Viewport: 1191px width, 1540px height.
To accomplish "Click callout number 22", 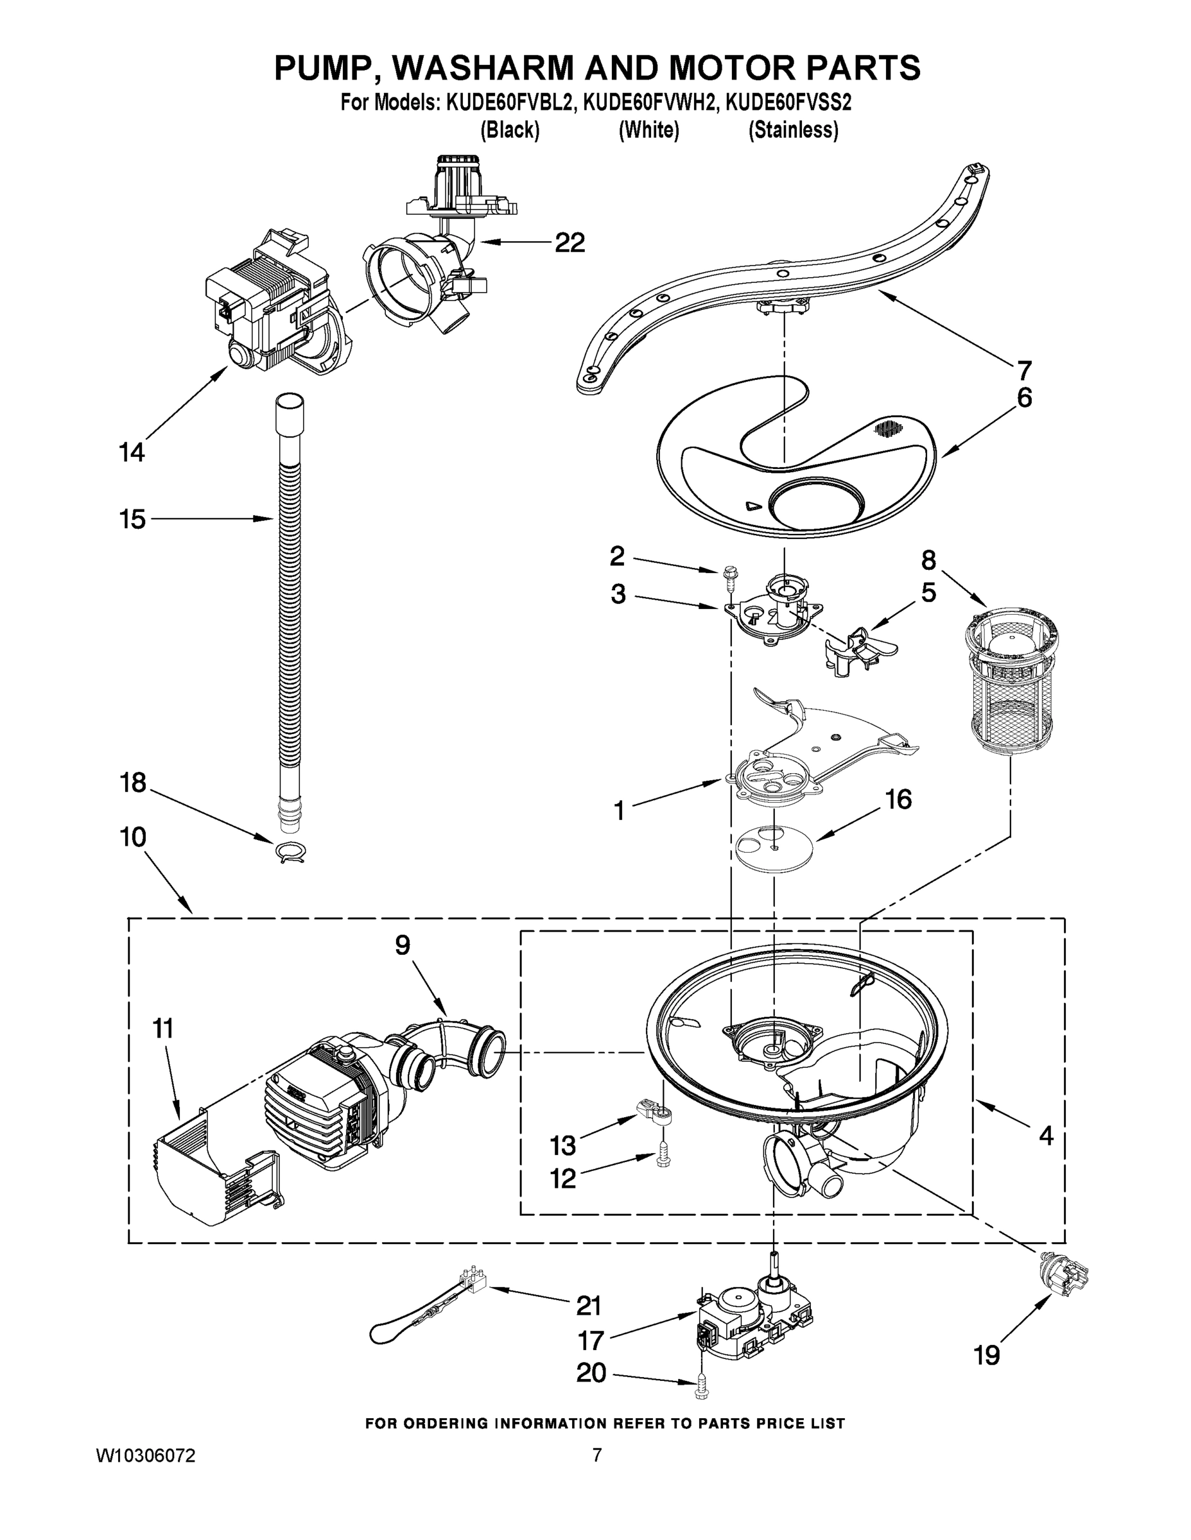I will point(569,243).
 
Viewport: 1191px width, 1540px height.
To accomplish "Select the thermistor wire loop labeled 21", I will point(423,1317).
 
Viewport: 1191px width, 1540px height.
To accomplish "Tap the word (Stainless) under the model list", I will point(793,130).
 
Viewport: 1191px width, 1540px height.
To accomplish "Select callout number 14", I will point(131,452).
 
